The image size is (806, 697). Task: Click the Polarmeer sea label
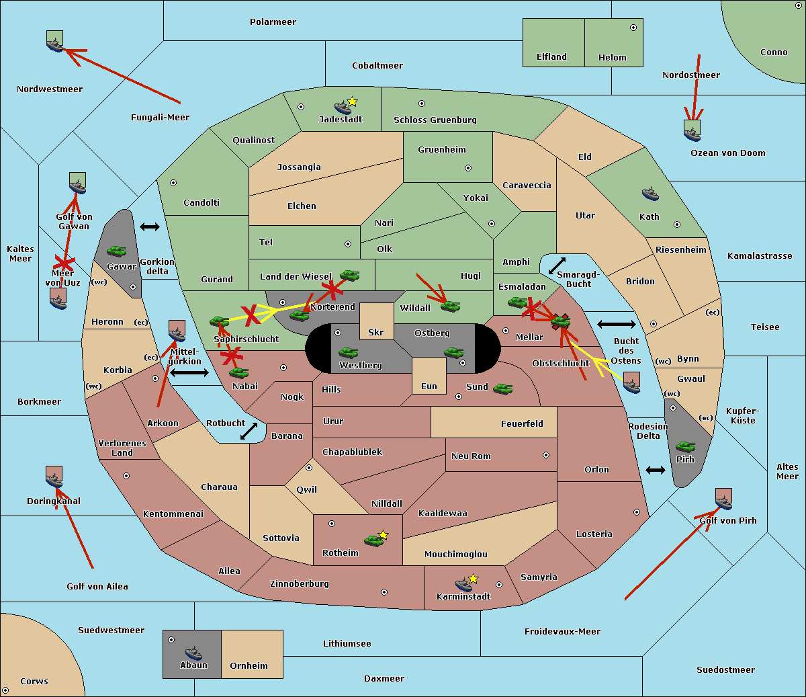click(x=273, y=22)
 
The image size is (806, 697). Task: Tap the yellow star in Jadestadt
click(x=353, y=101)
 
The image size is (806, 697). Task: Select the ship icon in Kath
click(x=650, y=194)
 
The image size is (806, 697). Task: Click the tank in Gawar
click(x=116, y=251)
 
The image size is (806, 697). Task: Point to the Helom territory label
click(x=612, y=58)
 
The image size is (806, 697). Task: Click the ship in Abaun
click(x=193, y=653)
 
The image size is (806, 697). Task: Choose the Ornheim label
click(x=249, y=666)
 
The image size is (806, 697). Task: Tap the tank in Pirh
click(x=685, y=446)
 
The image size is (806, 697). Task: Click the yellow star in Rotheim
click(x=384, y=535)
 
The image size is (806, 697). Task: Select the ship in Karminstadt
click(x=463, y=584)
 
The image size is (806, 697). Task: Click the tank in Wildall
click(x=450, y=306)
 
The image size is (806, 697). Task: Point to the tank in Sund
click(x=502, y=388)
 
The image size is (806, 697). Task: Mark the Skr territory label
click(x=376, y=333)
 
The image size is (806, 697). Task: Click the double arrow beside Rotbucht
click(x=249, y=432)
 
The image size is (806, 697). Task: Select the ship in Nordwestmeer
click(x=54, y=44)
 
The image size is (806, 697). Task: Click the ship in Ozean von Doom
click(x=692, y=133)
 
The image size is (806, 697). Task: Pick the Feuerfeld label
click(x=522, y=424)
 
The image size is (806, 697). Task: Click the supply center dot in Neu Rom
click(x=546, y=455)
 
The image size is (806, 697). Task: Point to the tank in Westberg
click(x=348, y=352)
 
